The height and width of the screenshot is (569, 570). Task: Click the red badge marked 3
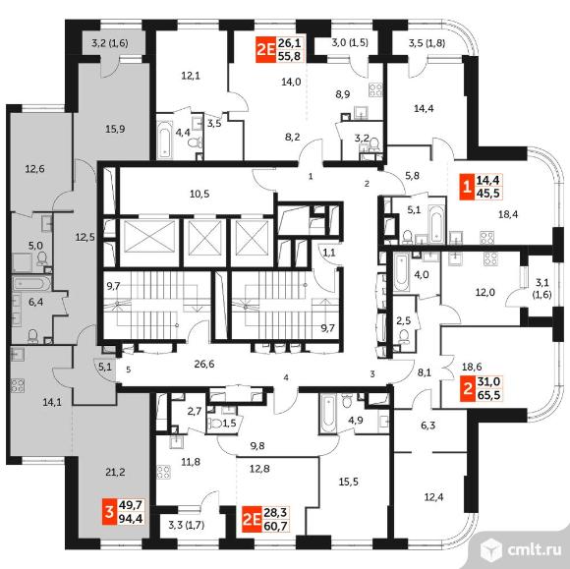click(x=108, y=512)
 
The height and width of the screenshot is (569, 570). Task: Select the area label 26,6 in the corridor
click(x=204, y=364)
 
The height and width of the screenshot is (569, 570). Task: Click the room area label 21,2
click(x=115, y=473)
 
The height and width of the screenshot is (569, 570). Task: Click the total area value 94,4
click(x=131, y=518)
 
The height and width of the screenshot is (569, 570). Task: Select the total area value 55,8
click(x=289, y=56)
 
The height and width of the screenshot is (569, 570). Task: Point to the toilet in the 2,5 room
click(x=403, y=336)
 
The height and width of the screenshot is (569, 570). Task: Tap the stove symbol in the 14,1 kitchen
click(x=17, y=386)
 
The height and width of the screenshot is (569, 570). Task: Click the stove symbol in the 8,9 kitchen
click(x=375, y=90)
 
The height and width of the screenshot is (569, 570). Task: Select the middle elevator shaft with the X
click(x=204, y=237)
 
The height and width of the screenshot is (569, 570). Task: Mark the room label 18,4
click(x=508, y=214)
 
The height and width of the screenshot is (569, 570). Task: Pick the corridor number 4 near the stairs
click(x=286, y=377)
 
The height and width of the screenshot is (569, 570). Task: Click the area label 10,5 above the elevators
click(x=199, y=194)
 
